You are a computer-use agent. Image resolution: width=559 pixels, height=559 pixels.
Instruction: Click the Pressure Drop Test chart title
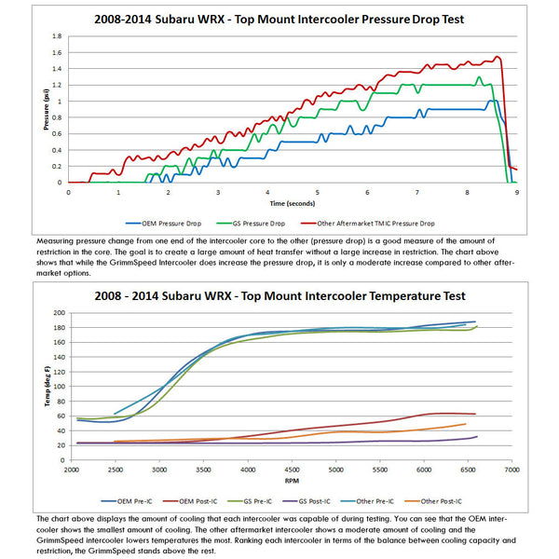coord(279,18)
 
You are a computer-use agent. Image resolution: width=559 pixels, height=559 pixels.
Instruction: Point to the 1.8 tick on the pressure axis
coord(57,37)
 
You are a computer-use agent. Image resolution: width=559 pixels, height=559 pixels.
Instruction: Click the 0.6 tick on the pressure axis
coord(57,133)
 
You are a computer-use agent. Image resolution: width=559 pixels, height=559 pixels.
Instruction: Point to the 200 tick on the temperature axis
coord(59,313)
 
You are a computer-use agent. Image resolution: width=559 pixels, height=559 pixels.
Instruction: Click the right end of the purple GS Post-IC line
coord(477,436)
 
